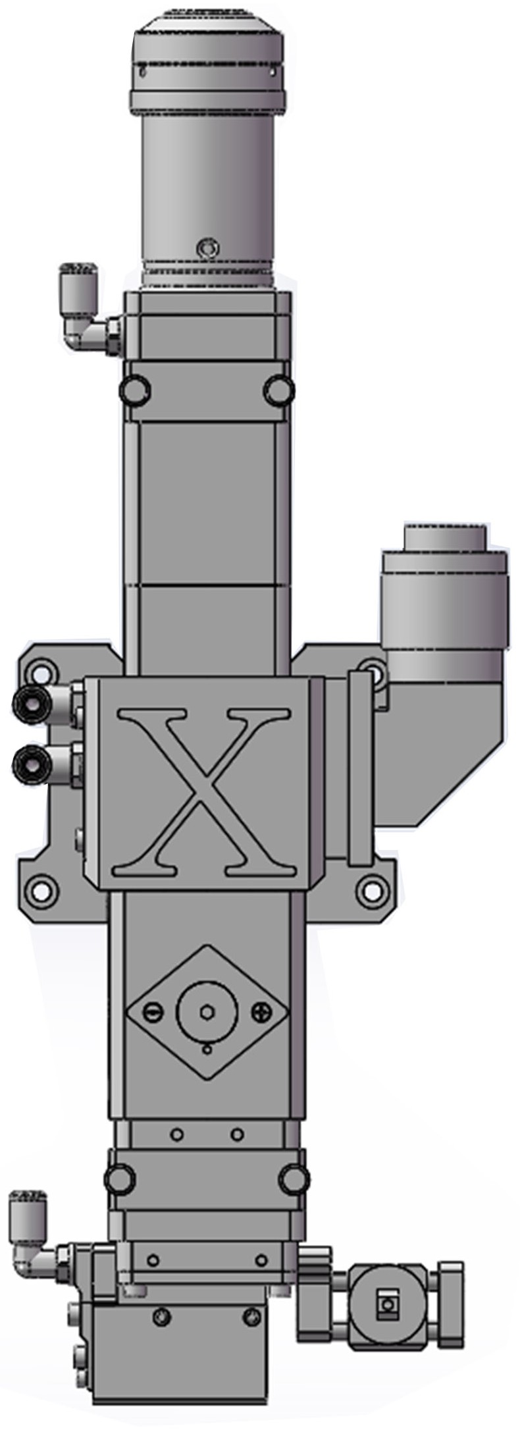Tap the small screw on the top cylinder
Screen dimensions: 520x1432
pos(208,248)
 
